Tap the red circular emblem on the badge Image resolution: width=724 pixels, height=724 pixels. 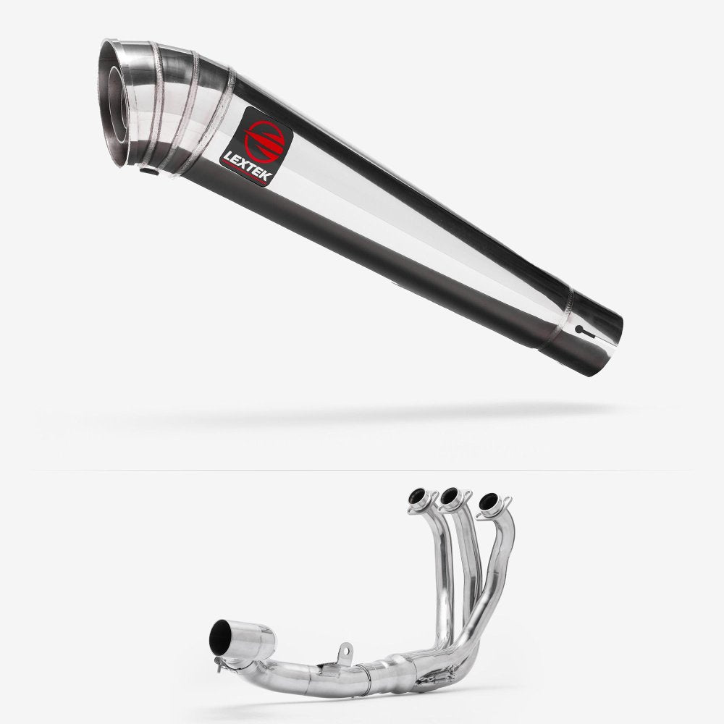coord(264,142)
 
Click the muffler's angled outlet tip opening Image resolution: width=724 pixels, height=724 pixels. coord(115,104)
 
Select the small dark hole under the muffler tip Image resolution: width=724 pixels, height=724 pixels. coord(149,172)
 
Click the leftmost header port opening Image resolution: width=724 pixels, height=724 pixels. coord(417,497)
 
